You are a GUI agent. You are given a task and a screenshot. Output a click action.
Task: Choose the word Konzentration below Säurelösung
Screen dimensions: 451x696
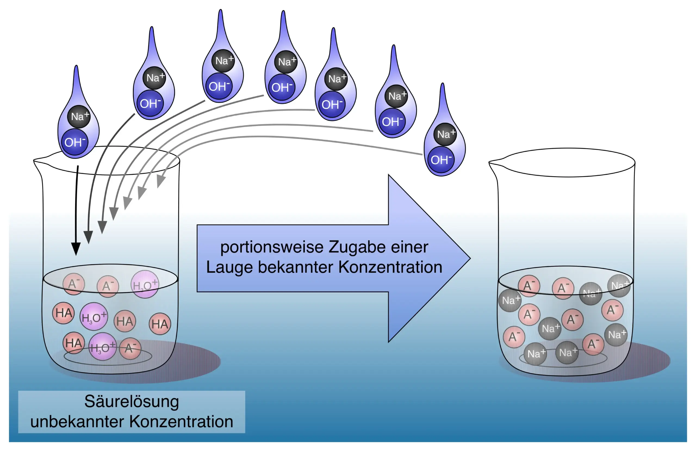(181, 422)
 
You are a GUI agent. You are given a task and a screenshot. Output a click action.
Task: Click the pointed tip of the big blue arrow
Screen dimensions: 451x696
(469, 258)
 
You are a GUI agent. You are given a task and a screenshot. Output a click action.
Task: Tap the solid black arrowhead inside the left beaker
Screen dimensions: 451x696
(76, 248)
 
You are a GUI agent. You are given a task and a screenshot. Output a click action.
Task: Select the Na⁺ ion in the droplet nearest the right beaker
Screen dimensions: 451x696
(445, 134)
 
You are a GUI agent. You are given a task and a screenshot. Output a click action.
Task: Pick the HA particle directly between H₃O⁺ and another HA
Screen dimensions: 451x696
(125, 321)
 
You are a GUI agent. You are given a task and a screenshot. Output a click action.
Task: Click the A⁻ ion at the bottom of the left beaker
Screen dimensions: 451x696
(130, 348)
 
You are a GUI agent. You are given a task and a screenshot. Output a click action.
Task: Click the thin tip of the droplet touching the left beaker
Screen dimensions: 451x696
(76, 67)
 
